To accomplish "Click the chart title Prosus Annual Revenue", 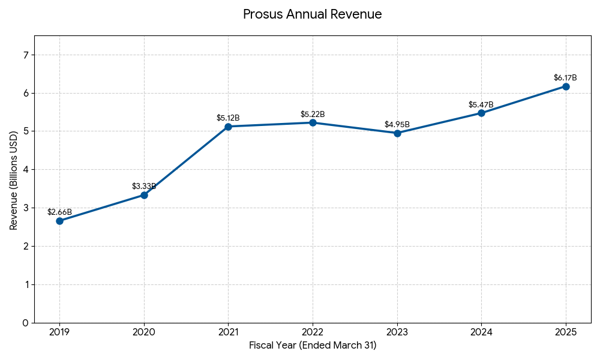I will tap(312, 14).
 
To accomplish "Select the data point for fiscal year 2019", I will tap(59, 221).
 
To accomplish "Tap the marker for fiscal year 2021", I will tap(228, 127).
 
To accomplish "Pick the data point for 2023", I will tap(397, 133).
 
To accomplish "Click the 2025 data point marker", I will tap(566, 86).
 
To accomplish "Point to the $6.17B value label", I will tap(565, 78).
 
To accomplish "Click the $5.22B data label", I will tap(313, 115).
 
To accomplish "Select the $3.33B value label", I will tap(144, 187).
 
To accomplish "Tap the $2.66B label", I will tap(59, 212).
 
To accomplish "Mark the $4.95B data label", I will tap(397, 125).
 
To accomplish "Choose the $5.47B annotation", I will tap(481, 105).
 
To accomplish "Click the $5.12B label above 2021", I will tap(228, 118).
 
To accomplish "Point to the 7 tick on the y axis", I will tap(25, 55).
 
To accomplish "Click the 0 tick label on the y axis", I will tap(25, 323).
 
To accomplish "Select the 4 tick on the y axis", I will tap(25, 170).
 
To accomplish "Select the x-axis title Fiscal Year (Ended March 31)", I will tap(313, 346).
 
